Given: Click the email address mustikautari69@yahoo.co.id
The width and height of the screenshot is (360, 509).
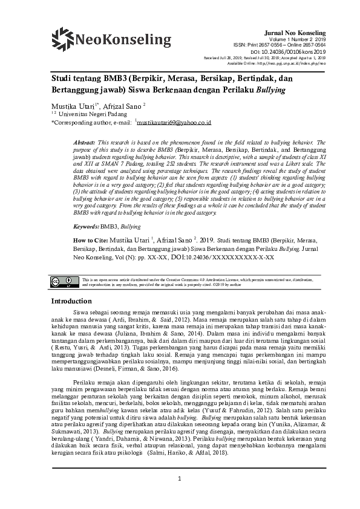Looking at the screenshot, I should pyautogui.click(x=174, y=122).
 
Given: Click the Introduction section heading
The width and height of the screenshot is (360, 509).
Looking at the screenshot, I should pyautogui.click(x=71, y=301).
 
